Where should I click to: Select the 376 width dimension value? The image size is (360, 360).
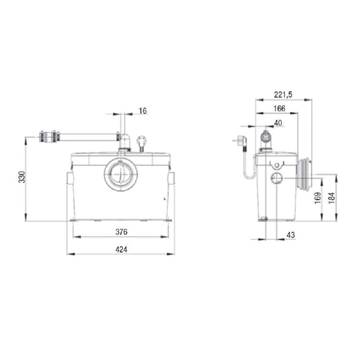click(x=122, y=232)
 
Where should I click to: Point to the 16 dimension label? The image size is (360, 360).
click(x=143, y=111)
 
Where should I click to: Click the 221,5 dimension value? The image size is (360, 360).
click(x=283, y=93)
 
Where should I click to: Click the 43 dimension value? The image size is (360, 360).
click(x=291, y=235)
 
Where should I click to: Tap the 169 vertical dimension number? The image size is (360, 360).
click(x=317, y=198)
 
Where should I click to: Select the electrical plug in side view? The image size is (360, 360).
click(x=240, y=141)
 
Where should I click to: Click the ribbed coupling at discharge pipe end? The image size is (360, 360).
click(x=49, y=137)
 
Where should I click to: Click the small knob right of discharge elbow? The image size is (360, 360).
click(x=141, y=141)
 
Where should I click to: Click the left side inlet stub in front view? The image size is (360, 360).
click(x=70, y=179)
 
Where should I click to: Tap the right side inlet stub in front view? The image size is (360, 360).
click(x=171, y=179)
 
